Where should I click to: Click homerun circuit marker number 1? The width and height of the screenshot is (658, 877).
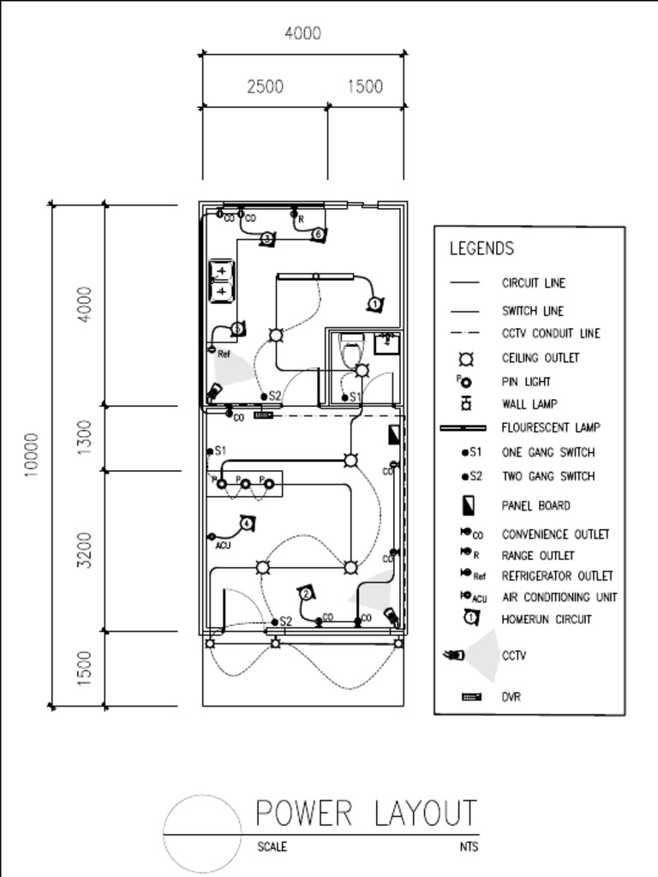pos(374,304)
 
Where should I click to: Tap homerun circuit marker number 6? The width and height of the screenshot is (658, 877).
pos(318,234)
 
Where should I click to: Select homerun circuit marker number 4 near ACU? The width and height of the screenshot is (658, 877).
pos(247,522)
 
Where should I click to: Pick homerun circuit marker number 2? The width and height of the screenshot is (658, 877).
pos(305,594)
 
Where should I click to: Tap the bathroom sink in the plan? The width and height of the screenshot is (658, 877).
pos(386,343)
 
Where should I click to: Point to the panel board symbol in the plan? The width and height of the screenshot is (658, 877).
pos(394,433)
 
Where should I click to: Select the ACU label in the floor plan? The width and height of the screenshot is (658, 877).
pos(223,546)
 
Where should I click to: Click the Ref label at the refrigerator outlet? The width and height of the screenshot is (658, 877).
pos(224,354)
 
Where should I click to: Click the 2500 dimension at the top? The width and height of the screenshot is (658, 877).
pos(265,87)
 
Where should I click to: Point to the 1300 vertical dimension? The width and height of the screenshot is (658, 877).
pos(84,438)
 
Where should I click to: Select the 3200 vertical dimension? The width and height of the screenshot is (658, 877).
pos(84,550)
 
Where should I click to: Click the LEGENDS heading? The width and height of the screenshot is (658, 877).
pos(482,248)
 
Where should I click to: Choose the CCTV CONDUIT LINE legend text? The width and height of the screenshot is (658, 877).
pos(551,333)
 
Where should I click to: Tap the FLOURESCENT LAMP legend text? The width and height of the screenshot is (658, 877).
pos(551,427)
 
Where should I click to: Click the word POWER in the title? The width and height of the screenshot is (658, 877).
pos(304,813)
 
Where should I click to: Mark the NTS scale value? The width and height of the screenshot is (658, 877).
pos(468,847)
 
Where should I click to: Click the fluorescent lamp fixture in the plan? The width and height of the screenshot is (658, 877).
pos(315,276)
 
